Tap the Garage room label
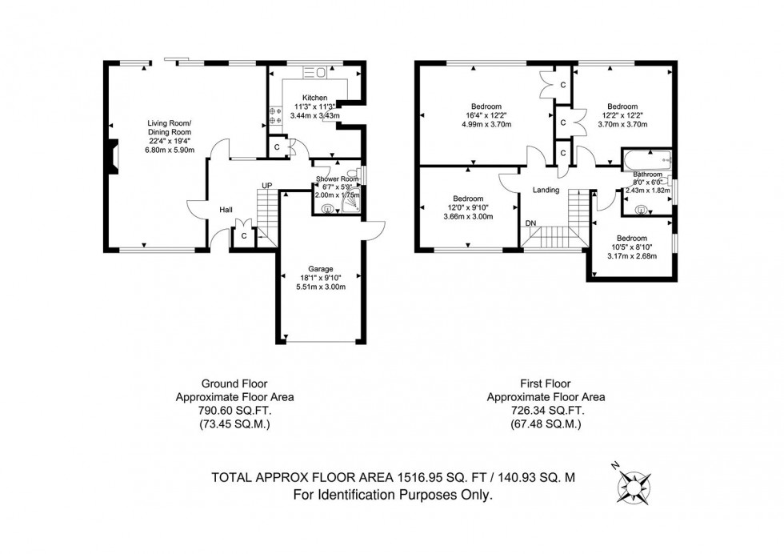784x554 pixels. tap(321, 268)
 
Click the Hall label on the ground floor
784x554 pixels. tap(226, 210)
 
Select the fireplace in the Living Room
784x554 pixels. tap(114, 156)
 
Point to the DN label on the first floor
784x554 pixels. tap(530, 223)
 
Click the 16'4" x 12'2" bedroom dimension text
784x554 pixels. tap(486, 115)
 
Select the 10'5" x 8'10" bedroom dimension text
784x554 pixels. tap(631, 247)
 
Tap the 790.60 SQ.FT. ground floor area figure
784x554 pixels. tap(234, 411)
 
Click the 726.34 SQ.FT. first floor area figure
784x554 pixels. tap(546, 411)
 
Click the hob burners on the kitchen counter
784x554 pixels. tap(274, 115)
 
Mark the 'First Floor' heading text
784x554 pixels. tap(546, 383)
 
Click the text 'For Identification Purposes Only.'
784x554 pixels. tap(392, 496)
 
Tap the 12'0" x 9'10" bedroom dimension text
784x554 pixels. tap(468, 207)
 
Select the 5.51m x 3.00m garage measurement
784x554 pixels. tap(321, 287)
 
